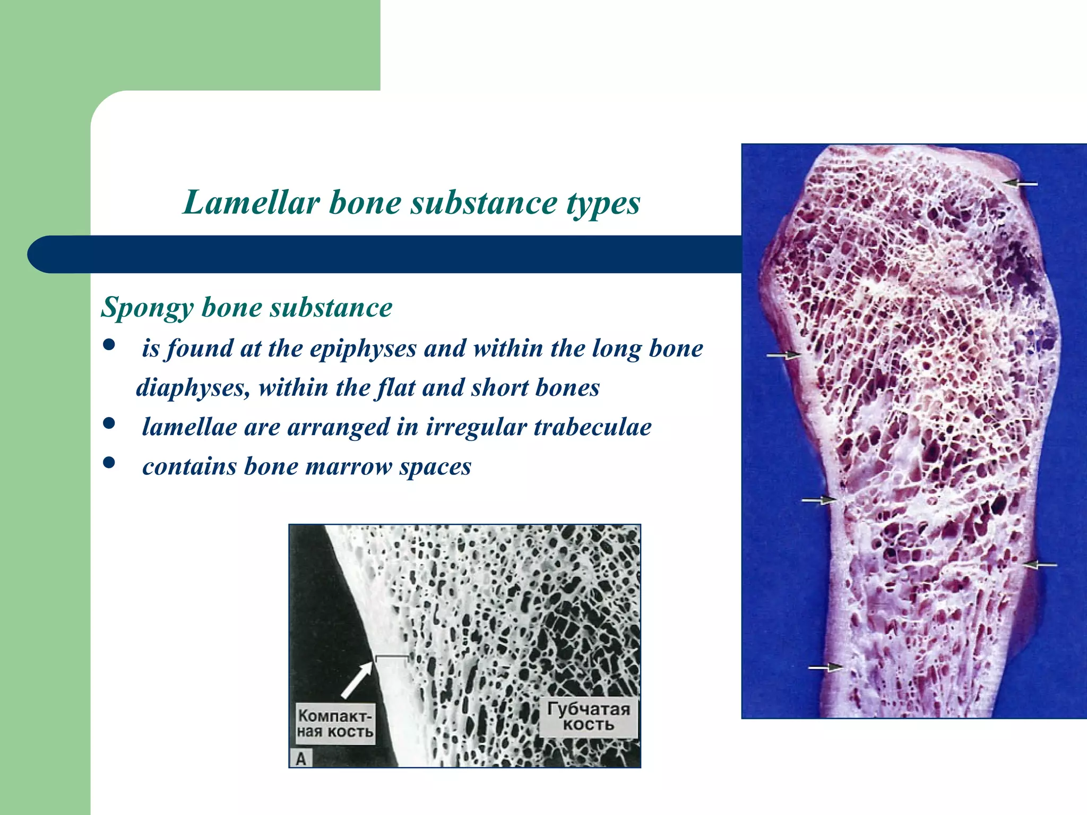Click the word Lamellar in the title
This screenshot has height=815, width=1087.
(251, 203)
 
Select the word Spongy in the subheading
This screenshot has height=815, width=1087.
(147, 308)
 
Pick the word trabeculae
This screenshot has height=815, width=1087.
(592, 427)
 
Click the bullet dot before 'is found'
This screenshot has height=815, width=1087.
(109, 345)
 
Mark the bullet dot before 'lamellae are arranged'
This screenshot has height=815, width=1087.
(109, 423)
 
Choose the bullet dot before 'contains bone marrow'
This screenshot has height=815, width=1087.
(109, 463)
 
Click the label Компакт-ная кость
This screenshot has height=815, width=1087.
(335, 724)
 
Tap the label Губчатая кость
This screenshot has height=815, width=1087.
(588, 717)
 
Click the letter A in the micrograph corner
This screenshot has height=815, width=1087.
(301, 759)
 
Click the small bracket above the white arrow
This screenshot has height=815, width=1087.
(392, 658)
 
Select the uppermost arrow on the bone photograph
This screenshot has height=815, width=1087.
(1020, 184)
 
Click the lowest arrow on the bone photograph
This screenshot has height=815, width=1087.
(826, 667)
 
